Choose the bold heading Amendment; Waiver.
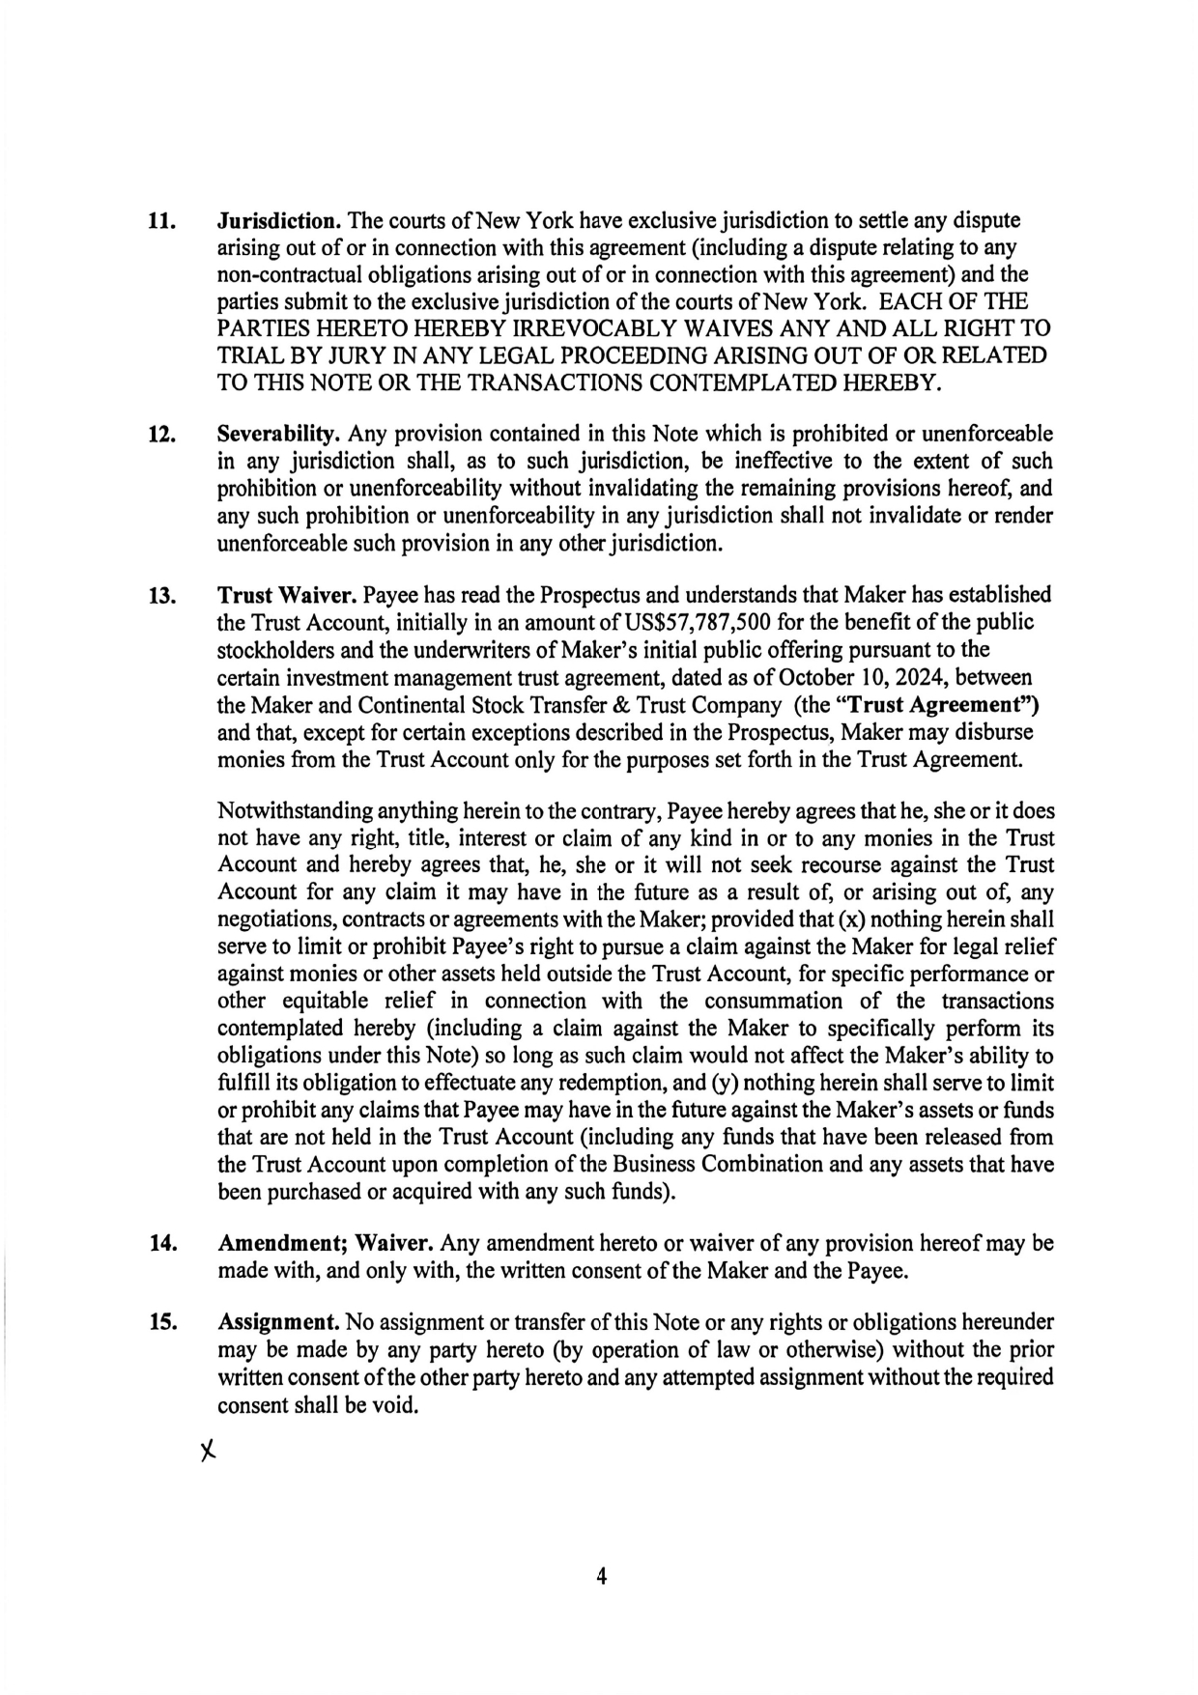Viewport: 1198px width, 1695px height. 325,1242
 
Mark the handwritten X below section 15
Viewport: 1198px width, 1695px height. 205,1451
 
